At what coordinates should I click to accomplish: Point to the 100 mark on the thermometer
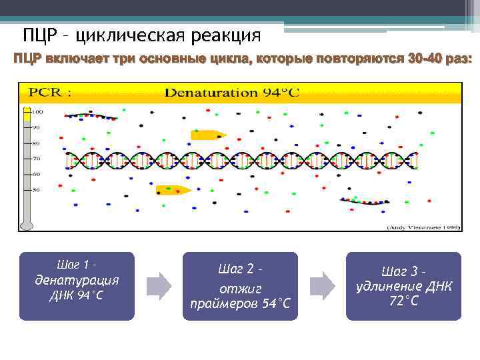[x=37, y=111]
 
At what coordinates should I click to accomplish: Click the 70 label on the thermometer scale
[x=37, y=159]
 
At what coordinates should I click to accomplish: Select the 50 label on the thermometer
[x=37, y=191]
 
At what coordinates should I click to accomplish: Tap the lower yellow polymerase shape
[x=173, y=190]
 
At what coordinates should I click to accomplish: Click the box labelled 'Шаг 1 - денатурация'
[x=77, y=286]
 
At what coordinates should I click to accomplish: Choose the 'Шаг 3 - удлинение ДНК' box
[x=403, y=286]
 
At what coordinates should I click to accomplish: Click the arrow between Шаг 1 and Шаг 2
[x=159, y=285]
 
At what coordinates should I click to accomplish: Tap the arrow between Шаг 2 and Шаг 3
[x=323, y=285]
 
